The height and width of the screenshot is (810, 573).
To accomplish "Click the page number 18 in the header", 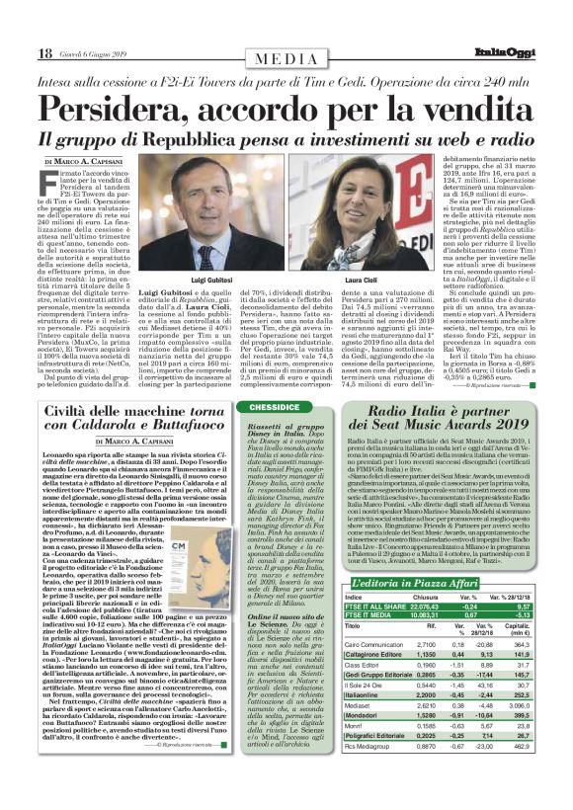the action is pyautogui.click(x=44, y=52).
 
